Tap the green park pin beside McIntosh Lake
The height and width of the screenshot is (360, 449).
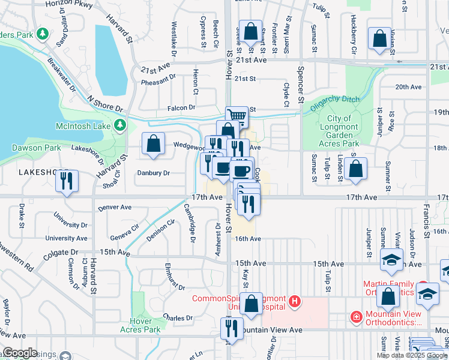pyautogui.click(x=121, y=125)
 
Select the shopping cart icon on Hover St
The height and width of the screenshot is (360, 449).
pyautogui.click(x=237, y=116)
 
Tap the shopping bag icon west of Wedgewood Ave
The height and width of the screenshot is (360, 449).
pyautogui.click(x=154, y=143)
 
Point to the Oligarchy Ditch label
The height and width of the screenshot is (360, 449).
pyautogui.click(x=333, y=101)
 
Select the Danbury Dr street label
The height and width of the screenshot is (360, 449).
pyautogui.click(x=154, y=173)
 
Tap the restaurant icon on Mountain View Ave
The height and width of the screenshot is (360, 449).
pyautogui.click(x=231, y=328)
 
